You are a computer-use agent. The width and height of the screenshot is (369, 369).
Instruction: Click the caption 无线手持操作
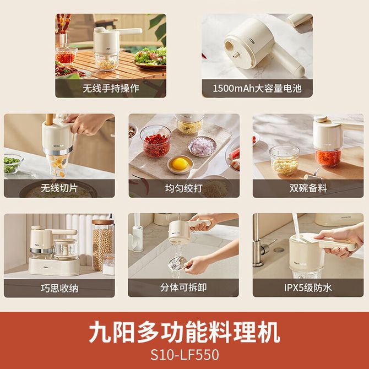[111, 88]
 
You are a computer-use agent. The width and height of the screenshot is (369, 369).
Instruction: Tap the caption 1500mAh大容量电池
[257, 88]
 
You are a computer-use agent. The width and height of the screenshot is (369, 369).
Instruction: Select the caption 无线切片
[59, 188]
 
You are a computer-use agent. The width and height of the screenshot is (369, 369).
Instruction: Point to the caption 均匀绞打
[184, 188]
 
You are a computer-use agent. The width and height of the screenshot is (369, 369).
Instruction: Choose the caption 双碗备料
[308, 188]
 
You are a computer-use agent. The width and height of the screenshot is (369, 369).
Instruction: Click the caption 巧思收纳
[59, 288]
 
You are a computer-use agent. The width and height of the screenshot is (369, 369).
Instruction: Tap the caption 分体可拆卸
[183, 287]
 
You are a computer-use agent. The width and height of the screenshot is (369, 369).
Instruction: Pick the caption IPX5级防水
[308, 287]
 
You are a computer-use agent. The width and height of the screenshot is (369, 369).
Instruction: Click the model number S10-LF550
[184, 355]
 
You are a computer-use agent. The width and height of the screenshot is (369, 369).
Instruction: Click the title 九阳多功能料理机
[184, 333]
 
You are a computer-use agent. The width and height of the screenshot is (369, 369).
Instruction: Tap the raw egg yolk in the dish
[180, 164]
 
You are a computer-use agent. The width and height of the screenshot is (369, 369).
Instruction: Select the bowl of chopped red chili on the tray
[155, 142]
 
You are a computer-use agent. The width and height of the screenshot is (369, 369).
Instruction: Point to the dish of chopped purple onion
[202, 146]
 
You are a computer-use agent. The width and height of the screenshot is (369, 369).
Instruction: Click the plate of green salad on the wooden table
[150, 58]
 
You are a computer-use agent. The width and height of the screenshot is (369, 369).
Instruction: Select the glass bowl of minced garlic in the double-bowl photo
[284, 160]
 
